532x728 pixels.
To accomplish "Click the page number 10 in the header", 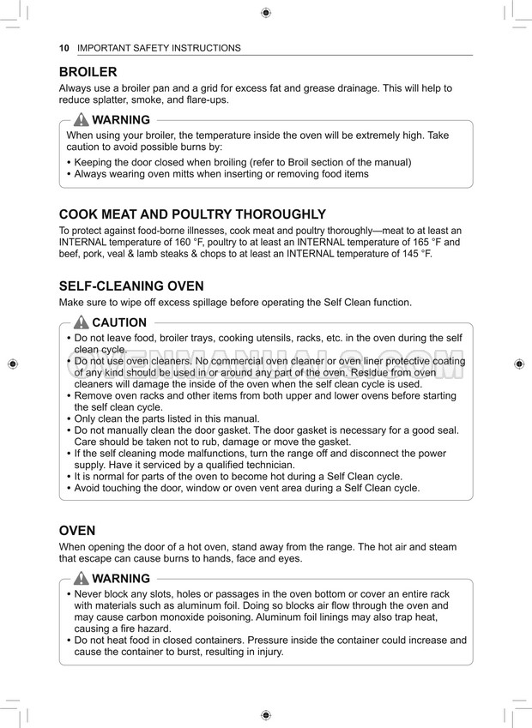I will [x=64, y=48].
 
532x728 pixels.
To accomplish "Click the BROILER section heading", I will [x=88, y=72].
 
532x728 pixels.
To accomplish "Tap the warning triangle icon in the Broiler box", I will [x=82, y=120].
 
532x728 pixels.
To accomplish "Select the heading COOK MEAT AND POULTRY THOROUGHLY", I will [x=192, y=214].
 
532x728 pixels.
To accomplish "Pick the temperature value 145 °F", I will [x=415, y=255].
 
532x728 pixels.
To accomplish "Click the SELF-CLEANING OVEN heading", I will [x=131, y=286].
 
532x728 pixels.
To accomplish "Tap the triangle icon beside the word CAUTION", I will [x=82, y=322].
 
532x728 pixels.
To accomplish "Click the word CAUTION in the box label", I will [x=119, y=323].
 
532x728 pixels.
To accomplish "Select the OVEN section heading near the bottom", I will [x=77, y=531].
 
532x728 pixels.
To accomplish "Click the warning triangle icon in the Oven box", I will [x=82, y=579].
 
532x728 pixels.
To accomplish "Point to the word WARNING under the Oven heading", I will [x=121, y=579].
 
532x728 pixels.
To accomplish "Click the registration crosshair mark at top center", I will [x=266, y=12].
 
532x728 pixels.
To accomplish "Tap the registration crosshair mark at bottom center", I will [x=266, y=715].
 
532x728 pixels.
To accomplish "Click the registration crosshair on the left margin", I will [x=12, y=364].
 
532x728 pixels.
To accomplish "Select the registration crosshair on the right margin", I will [x=519, y=364].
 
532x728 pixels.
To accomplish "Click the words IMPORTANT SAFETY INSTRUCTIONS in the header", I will [x=159, y=48].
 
